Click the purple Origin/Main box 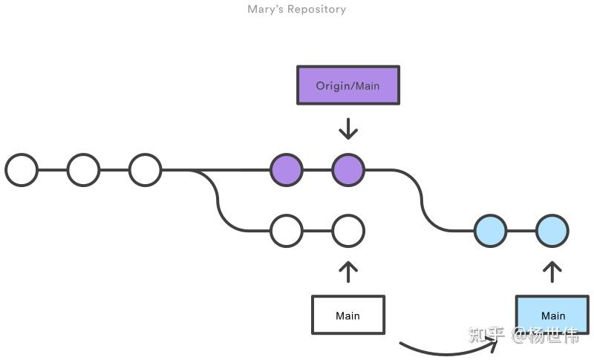pyautogui.click(x=348, y=85)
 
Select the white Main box pyautogui.click(x=348, y=315)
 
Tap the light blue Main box pyautogui.click(x=552, y=315)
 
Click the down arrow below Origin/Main pyautogui.click(x=348, y=129)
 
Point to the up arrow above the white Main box pyautogui.click(x=348, y=272)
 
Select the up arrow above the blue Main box pyautogui.click(x=552, y=272)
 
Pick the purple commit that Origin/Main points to pyautogui.click(x=348, y=170)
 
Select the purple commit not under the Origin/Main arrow pyautogui.click(x=287, y=170)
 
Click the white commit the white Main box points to pyautogui.click(x=348, y=231)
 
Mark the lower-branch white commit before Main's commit pyautogui.click(x=287, y=231)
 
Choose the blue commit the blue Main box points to pyautogui.click(x=552, y=231)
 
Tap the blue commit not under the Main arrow pyautogui.click(x=491, y=231)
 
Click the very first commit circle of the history pyautogui.click(x=22, y=170)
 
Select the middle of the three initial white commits pyautogui.click(x=83, y=170)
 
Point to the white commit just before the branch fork pyautogui.click(x=145, y=170)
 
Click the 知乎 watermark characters pyautogui.click(x=487, y=335)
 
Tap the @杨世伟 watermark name pyautogui.click(x=546, y=335)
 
